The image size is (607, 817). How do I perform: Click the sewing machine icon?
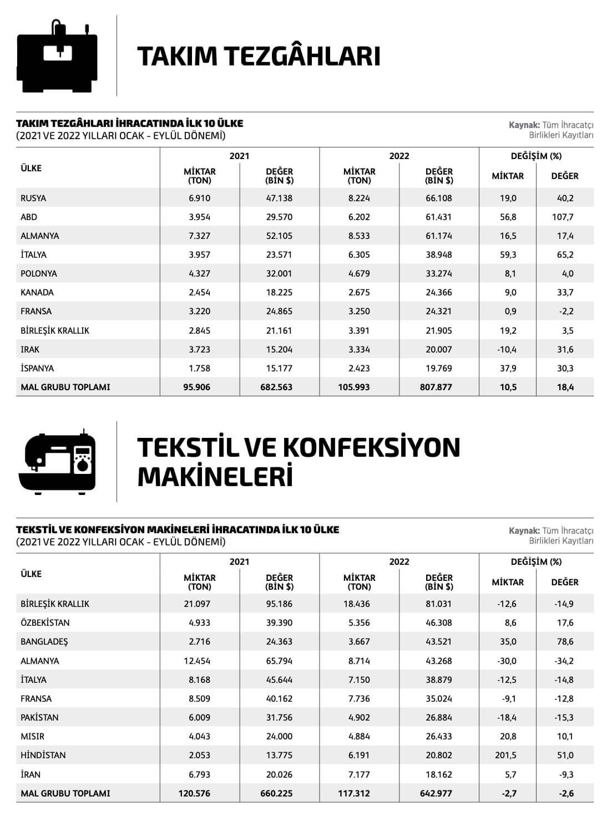click(x=57, y=462)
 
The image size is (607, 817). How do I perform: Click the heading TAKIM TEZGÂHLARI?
click(x=259, y=57)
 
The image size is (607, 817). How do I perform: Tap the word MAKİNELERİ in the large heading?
click(x=215, y=477)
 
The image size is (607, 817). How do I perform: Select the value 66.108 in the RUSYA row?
click(x=438, y=198)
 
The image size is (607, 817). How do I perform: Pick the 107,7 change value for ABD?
click(x=563, y=217)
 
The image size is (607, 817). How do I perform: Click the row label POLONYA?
click(x=39, y=273)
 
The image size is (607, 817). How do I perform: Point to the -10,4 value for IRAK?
click(x=506, y=349)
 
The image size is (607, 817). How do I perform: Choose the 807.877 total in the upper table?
click(x=436, y=387)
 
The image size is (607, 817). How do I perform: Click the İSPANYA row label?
click(x=37, y=368)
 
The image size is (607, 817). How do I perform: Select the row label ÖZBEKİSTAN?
click(x=45, y=622)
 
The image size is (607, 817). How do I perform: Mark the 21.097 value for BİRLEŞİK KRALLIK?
click(x=197, y=604)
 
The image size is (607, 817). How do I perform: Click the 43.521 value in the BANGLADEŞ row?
click(x=438, y=641)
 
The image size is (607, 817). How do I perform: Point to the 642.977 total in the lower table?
click(x=436, y=793)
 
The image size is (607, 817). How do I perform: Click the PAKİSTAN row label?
click(x=39, y=717)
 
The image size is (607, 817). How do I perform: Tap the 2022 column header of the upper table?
click(x=399, y=156)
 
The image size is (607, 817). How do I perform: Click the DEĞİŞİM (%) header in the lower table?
click(x=536, y=562)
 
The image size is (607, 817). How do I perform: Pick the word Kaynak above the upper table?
click(x=524, y=125)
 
